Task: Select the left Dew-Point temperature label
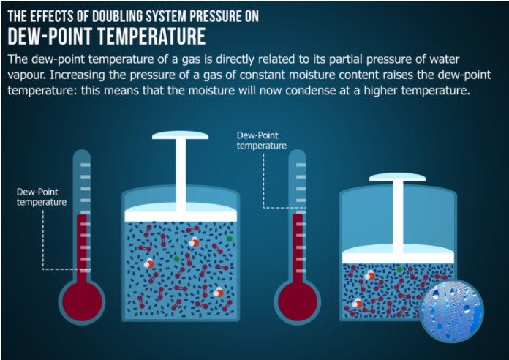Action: pos(42,197)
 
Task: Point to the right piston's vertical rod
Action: pos(397,212)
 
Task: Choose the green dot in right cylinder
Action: pos(400,270)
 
